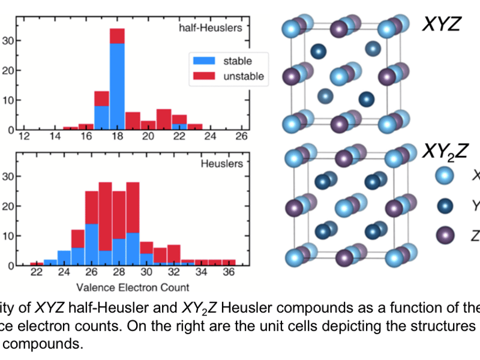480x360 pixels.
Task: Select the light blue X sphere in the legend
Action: (445, 175)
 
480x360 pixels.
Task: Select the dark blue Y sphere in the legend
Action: (445, 206)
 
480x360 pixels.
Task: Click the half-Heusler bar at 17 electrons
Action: (101, 110)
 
